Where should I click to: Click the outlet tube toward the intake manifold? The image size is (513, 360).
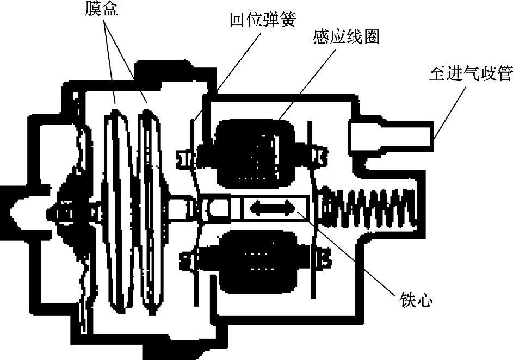pos(392,134)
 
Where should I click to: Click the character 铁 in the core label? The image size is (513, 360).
pos(412,299)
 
